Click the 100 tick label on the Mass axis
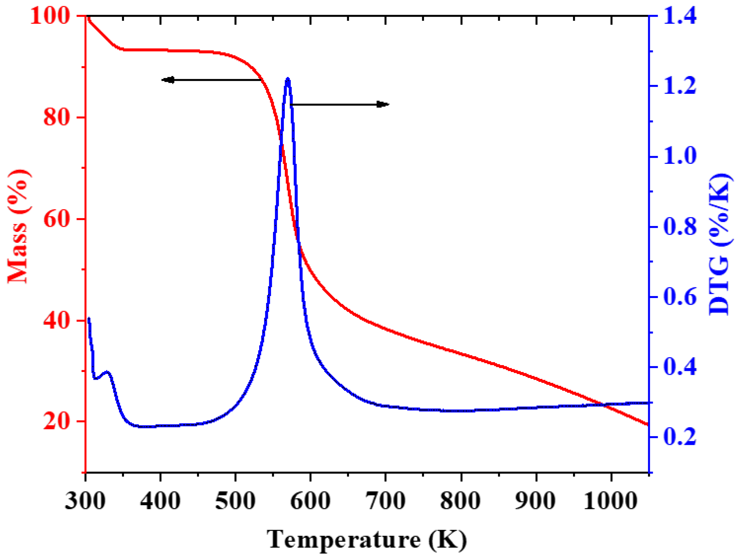(50, 16)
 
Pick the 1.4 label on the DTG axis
(680, 16)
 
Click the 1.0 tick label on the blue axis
(680, 156)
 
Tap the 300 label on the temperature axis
(85, 501)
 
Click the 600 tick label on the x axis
(310, 501)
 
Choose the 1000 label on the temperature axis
(611, 501)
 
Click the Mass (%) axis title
(18, 227)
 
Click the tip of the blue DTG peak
(288, 79)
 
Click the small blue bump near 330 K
(107, 372)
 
